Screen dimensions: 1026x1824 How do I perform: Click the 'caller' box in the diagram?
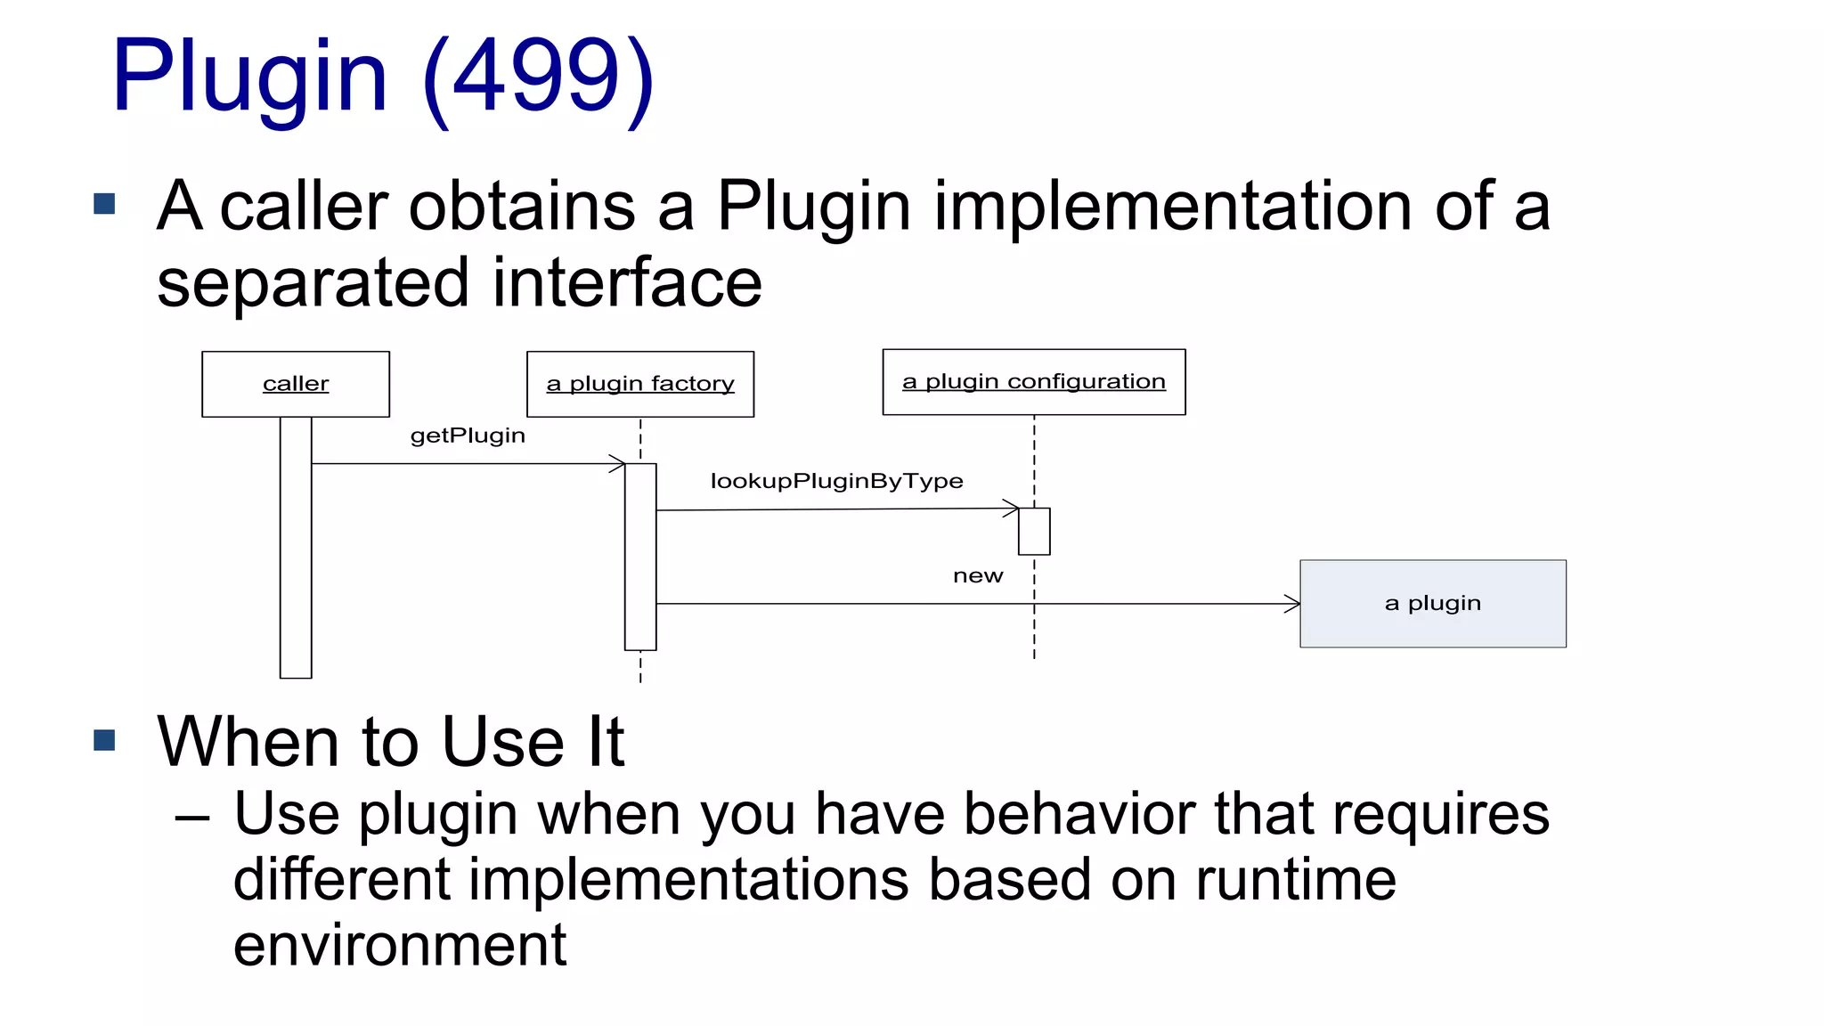tap(296, 384)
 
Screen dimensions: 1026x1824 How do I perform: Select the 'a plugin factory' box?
tap(639, 384)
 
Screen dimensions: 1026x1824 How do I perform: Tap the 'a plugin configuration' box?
tap(1033, 382)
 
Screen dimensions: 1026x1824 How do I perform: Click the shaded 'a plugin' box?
tap(1432, 604)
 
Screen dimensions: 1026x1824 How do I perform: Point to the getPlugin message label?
tap(468, 436)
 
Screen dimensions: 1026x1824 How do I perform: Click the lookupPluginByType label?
tap(836, 481)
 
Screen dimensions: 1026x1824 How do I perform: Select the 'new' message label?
tap(978, 576)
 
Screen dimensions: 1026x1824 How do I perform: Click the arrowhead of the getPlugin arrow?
tap(617, 463)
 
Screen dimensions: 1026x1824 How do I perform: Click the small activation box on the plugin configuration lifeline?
tap(1034, 531)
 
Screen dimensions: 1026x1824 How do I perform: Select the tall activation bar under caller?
tap(296, 547)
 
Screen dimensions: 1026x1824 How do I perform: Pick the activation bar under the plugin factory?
tap(640, 556)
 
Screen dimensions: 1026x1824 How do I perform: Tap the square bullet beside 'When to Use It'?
tap(105, 740)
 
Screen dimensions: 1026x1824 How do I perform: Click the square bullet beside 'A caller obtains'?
tap(105, 205)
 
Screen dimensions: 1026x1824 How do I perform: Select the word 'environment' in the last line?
tap(399, 945)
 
